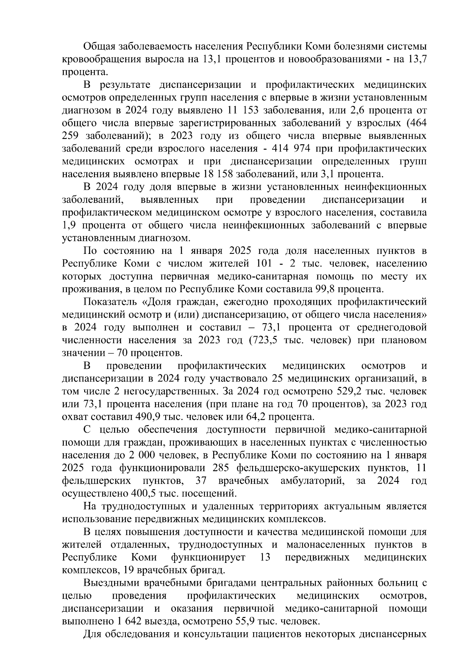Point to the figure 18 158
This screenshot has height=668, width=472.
coord(217,174)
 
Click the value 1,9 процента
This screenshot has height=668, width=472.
coord(70,226)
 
